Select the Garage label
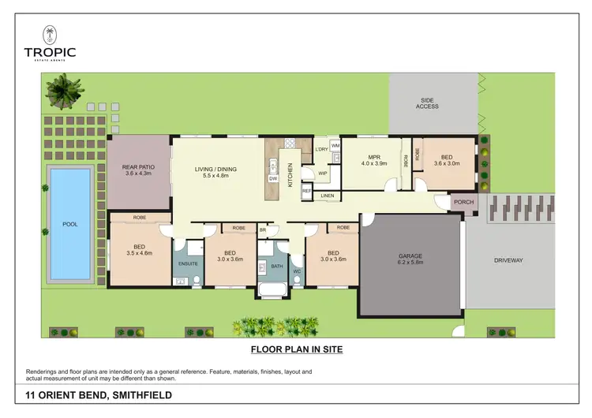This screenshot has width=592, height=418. (x=410, y=256)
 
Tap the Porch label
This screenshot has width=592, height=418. (x=463, y=203)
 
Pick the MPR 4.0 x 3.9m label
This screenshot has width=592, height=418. (x=374, y=160)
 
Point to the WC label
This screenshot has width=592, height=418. (x=297, y=272)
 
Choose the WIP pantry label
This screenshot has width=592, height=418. (x=323, y=174)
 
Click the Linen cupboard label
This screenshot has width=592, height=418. (x=327, y=196)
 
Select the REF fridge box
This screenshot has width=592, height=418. (x=306, y=191)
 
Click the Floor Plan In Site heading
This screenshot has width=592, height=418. (x=296, y=348)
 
